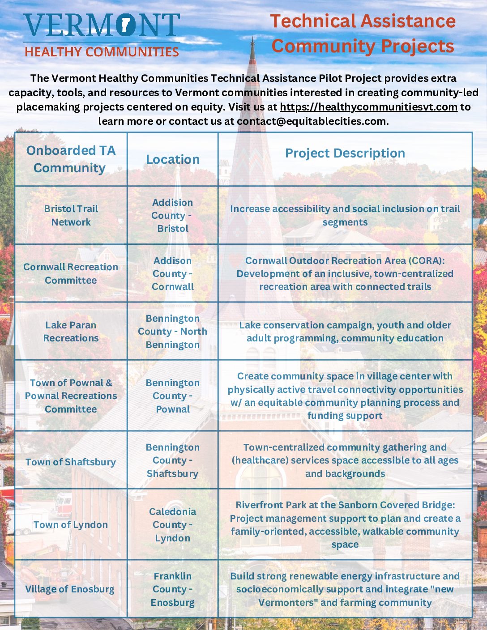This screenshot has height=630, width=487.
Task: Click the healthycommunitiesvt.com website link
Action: coord(368,107)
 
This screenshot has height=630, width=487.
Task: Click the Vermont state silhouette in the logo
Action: coord(126,25)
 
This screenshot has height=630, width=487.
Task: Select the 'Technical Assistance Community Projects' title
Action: coord(363,34)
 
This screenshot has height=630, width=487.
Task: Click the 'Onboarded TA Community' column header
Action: coord(71,159)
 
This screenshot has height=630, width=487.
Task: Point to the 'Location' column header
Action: coord(173,159)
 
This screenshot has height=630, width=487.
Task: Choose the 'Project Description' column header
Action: coord(345,153)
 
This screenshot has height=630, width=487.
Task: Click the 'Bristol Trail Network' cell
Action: coord(71,215)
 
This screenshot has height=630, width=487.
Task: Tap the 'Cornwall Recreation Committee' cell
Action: coord(71,273)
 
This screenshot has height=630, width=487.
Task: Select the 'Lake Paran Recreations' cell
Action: coord(71,332)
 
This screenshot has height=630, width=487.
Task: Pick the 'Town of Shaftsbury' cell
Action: coord(71,462)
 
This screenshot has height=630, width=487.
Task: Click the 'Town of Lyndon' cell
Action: coord(71,525)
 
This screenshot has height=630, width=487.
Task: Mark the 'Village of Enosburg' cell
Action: coord(70,589)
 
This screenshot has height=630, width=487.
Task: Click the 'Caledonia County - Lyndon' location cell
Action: coord(173,525)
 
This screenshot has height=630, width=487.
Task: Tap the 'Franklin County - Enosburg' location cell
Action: coord(173,589)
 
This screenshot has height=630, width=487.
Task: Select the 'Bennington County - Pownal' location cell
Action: coord(173,396)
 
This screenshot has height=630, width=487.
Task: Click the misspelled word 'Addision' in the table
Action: coord(173,203)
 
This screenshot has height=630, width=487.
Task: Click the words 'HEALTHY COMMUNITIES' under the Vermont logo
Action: coord(102,52)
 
